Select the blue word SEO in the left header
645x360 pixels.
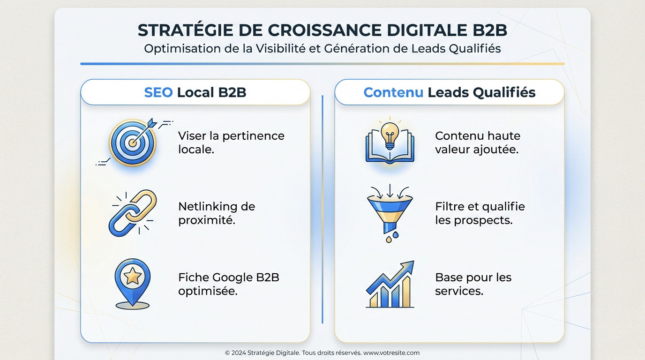coord(158,92)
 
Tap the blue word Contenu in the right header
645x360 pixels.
coord(393,92)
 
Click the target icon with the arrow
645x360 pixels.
coord(133,142)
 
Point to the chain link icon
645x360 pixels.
coord(133,213)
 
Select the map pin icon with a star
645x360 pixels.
coord(133,283)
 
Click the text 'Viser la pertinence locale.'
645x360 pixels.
coord(231,142)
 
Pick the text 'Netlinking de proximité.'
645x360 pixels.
coord(217,213)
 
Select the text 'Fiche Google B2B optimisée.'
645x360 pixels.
coord(229,284)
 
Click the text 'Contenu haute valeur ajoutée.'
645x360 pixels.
coord(478,142)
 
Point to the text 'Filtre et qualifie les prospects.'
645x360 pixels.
coord(480,213)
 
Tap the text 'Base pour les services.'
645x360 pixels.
coord(473,284)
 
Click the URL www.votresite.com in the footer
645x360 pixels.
coord(391,353)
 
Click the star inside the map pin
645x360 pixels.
coord(133,277)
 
